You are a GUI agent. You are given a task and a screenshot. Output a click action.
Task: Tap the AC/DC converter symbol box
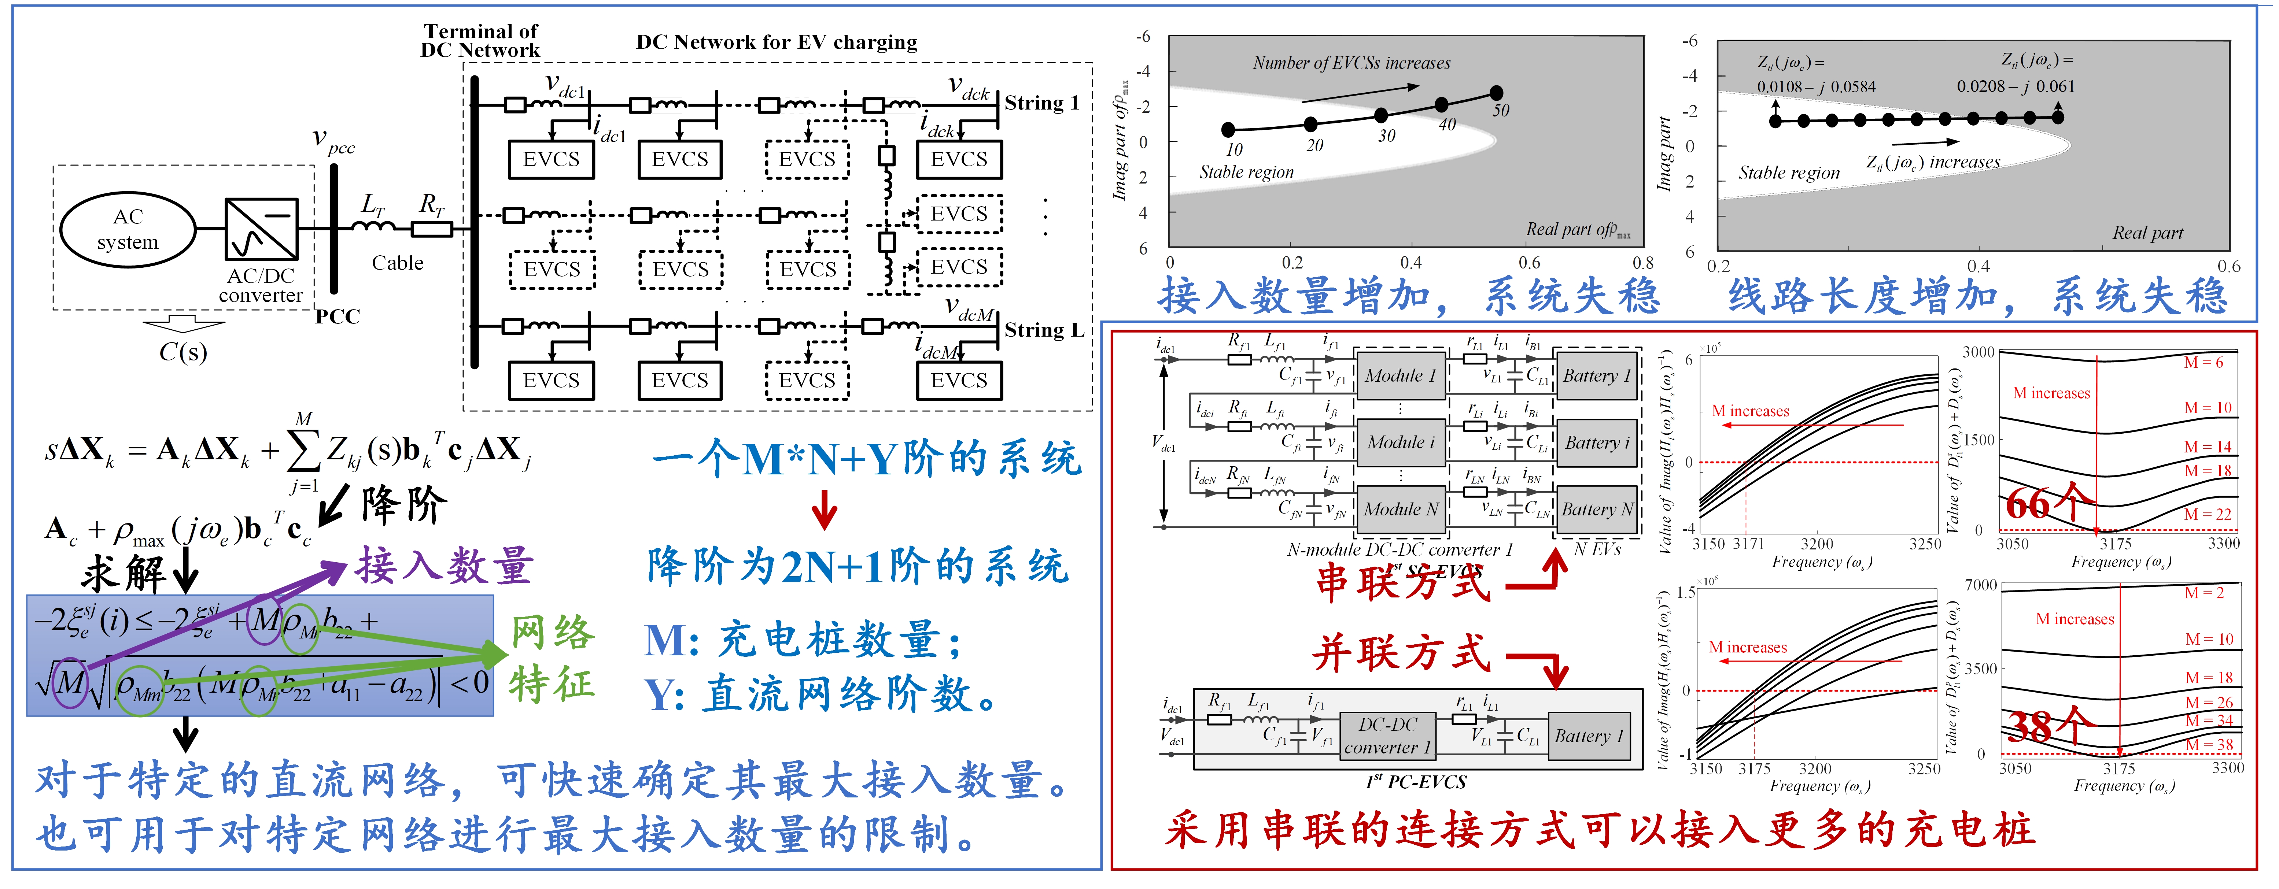261,229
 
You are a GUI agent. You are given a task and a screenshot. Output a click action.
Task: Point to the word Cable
397,263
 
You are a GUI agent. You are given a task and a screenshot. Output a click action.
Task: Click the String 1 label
1041,104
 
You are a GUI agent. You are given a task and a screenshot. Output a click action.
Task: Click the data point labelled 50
1496,93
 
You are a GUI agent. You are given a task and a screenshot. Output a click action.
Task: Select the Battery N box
1597,509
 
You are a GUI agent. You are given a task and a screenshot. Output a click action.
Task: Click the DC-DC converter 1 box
1387,736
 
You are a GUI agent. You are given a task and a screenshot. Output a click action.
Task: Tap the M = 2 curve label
2203,593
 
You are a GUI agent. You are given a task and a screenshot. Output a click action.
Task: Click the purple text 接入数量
444,566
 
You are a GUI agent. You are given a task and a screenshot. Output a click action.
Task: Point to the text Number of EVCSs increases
1351,63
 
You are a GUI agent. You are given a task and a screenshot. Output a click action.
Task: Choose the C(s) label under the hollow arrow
183,352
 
